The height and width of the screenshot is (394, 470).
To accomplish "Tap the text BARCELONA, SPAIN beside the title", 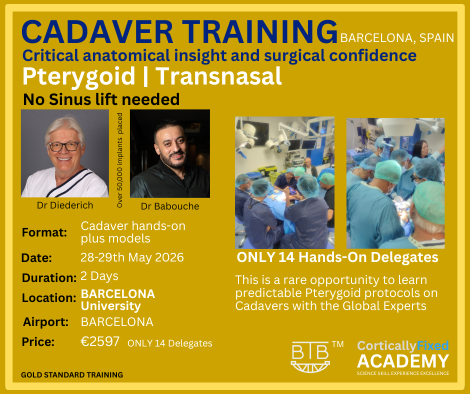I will coord(397,38).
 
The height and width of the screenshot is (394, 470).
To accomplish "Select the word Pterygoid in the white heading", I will coord(79,77).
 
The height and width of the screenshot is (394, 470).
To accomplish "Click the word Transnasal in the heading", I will coord(218,77).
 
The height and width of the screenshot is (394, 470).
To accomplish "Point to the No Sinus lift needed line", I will coord(101,99).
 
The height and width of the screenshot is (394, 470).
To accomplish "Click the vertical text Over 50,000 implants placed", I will coord(119,160).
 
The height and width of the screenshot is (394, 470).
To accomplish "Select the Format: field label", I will coord(44,232).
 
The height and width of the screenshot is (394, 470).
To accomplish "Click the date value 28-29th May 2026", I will coord(132,257).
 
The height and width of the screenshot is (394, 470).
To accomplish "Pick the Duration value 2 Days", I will coord(99,276).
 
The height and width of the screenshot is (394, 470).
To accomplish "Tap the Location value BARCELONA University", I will coord(118,299).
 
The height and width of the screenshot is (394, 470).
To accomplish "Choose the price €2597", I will coord(100,341).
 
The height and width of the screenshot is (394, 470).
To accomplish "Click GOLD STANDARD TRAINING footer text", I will coord(72,374).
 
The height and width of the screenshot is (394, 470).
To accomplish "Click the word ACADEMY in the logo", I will coord(403,360).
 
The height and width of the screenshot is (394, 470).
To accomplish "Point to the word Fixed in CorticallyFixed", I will coord(432,345).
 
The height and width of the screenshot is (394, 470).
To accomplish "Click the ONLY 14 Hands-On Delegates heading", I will coord(337,257).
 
